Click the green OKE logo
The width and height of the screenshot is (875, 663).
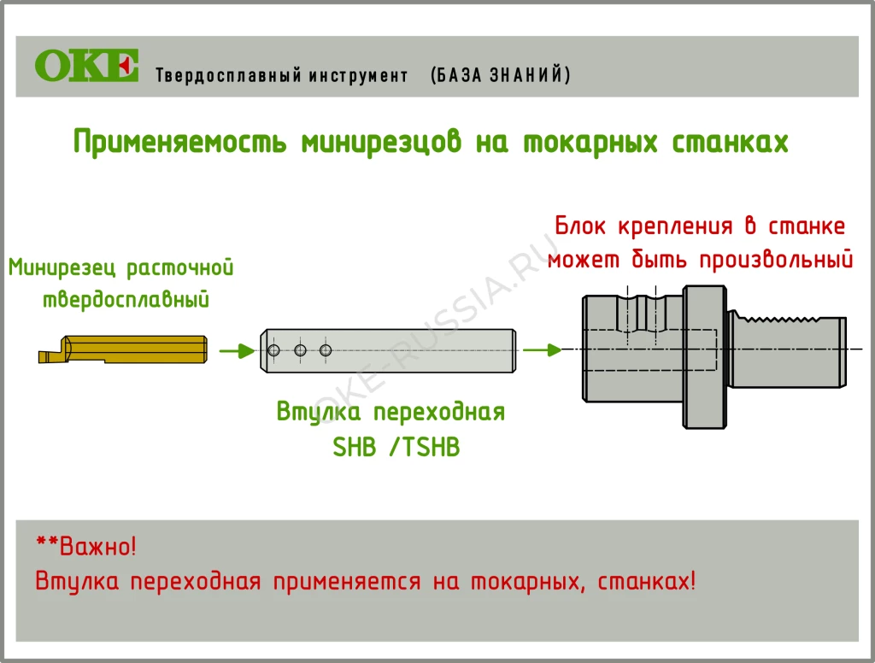[x=86, y=66]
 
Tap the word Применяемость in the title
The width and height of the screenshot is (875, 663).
[x=179, y=142]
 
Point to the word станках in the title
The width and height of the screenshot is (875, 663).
[x=731, y=142]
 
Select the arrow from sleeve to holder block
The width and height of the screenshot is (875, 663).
[x=542, y=349]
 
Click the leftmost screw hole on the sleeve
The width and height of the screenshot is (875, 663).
[x=274, y=350]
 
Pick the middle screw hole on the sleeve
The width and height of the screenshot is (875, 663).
[x=300, y=350]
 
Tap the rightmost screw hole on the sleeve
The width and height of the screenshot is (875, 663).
[x=325, y=350]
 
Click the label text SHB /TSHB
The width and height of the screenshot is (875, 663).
[x=396, y=447]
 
